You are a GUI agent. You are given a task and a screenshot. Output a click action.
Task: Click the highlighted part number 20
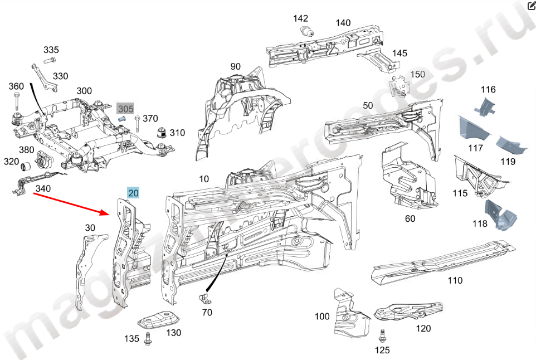[x=134, y=193]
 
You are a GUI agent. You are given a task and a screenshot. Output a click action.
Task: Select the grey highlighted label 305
[x=125, y=109]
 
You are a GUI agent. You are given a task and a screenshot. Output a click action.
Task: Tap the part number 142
[x=301, y=18]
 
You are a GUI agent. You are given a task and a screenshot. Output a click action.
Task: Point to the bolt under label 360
[x=16, y=102]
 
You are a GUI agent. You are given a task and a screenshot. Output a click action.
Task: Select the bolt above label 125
[x=382, y=335]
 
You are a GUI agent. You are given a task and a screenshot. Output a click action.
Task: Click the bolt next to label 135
[x=149, y=338]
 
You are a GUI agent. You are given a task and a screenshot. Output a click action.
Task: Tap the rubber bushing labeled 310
[x=162, y=133]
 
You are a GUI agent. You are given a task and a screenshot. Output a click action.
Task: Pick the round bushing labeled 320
[x=25, y=166]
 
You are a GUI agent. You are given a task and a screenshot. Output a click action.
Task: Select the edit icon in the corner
[x=531, y=6]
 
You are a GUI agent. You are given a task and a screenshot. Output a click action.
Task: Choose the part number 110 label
[x=455, y=280]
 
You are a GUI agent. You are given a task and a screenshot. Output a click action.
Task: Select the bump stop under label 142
[x=305, y=31]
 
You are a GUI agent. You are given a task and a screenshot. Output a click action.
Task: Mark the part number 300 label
[x=84, y=91]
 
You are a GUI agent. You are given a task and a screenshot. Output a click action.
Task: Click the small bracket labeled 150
[x=399, y=87]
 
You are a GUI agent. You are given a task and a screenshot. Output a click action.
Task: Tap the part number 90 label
[x=236, y=67]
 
